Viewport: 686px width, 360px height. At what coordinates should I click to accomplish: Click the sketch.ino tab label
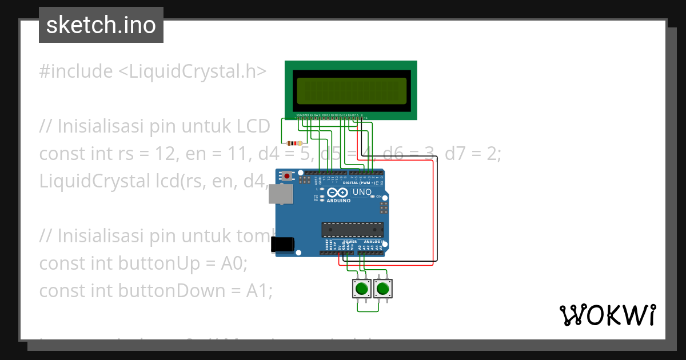101,25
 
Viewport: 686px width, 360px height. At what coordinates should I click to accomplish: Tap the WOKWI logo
607,315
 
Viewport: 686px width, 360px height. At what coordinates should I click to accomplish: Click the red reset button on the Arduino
287,176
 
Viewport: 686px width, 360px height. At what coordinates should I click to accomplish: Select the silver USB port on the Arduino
280,194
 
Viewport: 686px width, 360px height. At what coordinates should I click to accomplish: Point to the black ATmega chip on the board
352,229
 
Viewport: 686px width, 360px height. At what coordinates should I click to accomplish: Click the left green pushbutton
361,289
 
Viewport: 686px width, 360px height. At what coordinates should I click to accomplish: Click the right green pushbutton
383,289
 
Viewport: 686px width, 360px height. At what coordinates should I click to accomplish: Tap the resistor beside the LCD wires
294,143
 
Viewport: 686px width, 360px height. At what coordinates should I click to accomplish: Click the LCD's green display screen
351,90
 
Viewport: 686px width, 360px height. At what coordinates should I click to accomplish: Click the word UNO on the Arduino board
362,192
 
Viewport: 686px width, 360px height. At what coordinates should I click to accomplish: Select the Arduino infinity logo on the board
339,193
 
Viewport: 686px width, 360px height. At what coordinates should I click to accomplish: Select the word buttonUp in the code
160,263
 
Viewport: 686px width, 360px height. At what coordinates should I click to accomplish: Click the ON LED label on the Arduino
378,197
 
